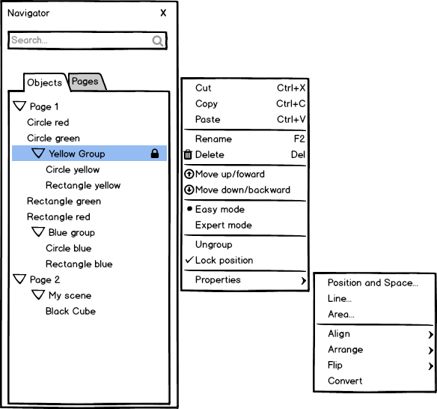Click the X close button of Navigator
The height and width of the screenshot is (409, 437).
163,13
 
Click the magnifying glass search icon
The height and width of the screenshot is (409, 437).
157,40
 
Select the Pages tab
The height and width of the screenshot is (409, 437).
85,81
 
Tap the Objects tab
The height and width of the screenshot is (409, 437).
45,82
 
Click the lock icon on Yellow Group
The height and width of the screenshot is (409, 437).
155,154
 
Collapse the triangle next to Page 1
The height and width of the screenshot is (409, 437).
19,106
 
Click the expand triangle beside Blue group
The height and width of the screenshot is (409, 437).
38,231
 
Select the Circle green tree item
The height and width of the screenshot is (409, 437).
54,138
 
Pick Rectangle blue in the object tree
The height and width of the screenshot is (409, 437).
79,264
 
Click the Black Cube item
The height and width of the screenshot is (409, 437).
71,311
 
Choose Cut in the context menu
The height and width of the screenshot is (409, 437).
204,88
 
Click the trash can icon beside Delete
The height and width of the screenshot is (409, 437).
188,154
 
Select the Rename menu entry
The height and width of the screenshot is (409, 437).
213,139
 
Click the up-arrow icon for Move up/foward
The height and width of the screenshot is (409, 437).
189,174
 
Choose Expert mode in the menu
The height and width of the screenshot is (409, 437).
224,225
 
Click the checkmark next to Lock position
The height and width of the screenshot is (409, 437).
189,260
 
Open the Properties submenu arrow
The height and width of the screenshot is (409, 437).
304,281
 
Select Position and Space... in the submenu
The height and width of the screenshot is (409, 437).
373,283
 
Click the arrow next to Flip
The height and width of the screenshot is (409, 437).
431,366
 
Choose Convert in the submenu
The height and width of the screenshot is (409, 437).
345,381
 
